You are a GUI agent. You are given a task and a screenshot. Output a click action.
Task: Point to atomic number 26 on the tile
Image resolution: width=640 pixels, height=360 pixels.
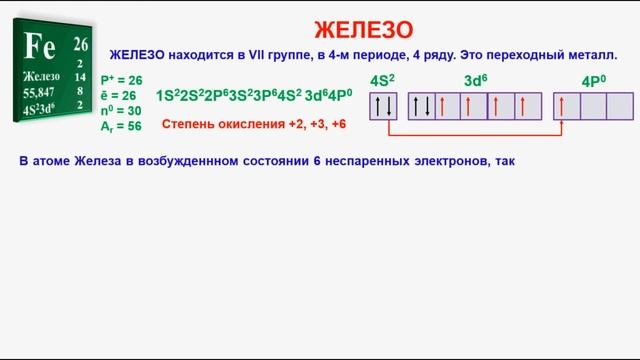click(81, 44)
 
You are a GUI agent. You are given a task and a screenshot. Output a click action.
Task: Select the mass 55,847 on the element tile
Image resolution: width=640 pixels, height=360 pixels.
click(39, 90)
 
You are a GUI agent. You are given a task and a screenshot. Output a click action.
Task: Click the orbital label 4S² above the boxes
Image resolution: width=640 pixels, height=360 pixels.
click(382, 80)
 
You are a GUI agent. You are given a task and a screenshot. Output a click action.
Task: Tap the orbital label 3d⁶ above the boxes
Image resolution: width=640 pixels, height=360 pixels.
click(475, 80)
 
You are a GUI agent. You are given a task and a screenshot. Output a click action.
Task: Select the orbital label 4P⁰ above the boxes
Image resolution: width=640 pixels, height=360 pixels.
click(594, 80)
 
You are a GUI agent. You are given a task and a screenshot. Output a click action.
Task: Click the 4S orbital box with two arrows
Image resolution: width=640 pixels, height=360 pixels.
click(383, 106)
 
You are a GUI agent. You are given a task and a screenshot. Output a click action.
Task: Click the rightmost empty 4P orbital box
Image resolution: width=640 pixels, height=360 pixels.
click(620, 106)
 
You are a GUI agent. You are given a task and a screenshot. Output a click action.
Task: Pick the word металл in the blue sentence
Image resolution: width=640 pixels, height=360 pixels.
click(591, 56)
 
